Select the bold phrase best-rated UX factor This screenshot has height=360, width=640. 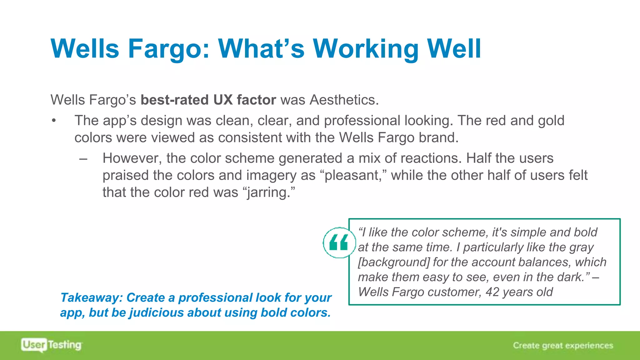pos(208,100)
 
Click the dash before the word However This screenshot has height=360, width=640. pos(83,158)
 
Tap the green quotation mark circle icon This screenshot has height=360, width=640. pos(339,242)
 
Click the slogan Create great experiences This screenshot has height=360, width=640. pos(563,345)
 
